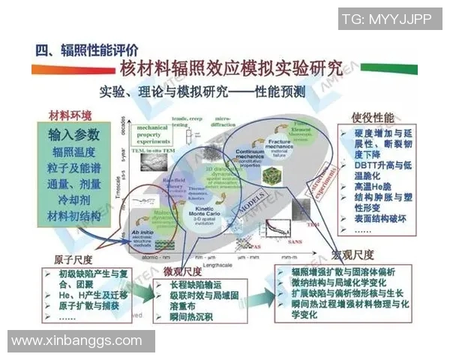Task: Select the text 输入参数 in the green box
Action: tap(73, 135)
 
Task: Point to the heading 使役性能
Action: tap(373, 118)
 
